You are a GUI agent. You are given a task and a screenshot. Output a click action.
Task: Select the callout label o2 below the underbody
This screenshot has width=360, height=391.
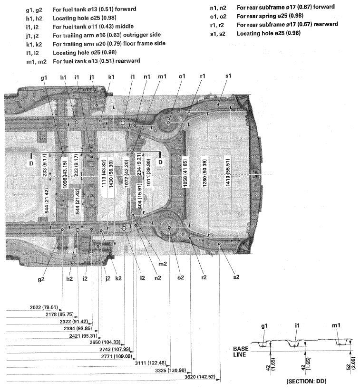tap(180, 277)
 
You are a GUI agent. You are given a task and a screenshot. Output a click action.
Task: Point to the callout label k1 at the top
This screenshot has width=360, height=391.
tap(111, 77)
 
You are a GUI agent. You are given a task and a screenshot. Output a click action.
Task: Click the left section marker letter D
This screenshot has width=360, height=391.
tap(32, 162)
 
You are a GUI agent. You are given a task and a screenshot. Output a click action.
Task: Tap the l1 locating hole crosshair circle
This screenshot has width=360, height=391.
tap(123, 123)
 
